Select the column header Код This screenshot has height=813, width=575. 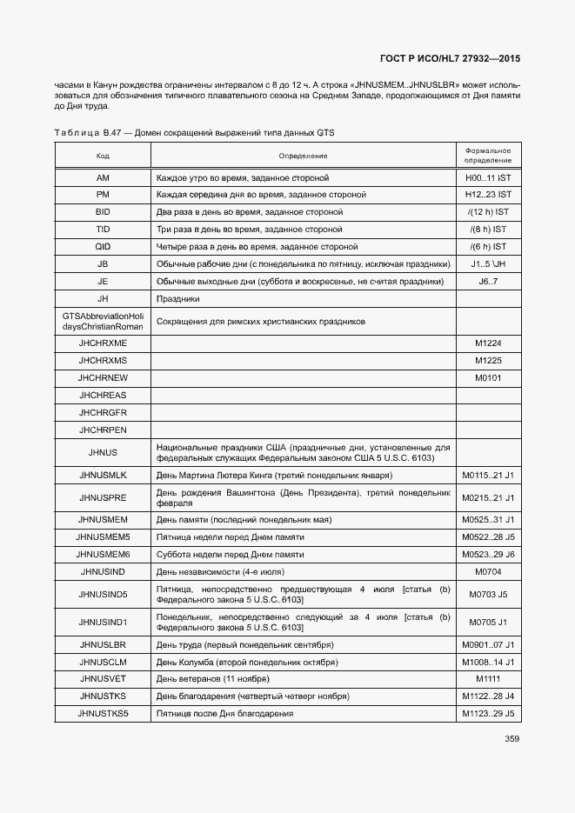103,156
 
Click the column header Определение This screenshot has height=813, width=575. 303,156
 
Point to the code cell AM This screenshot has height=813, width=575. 103,177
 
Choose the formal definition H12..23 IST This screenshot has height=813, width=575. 487,195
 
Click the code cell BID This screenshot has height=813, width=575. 103,212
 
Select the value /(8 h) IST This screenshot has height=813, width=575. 487,230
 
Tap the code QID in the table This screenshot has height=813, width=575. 103,247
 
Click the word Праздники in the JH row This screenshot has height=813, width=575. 177,299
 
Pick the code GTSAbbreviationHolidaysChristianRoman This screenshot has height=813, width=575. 103,321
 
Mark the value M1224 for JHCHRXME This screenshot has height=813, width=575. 487,343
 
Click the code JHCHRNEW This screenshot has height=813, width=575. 103,378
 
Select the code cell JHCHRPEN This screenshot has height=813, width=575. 103,430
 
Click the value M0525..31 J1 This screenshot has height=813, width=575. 487,519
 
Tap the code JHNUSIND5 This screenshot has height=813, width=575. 103,595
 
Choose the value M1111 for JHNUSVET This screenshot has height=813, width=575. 487,678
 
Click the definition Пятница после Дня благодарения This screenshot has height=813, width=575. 224,714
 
